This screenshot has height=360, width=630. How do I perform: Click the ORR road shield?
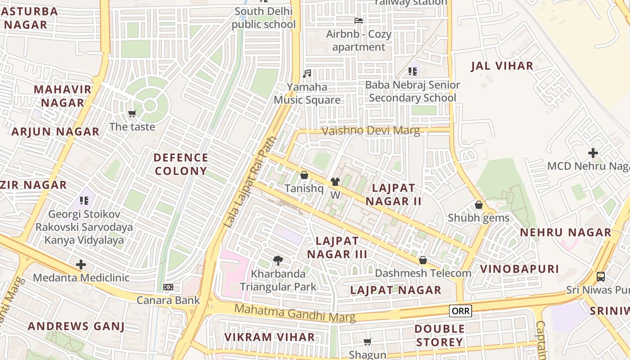pyautogui.click(x=460, y=311)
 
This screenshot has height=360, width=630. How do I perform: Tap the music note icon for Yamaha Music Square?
pyautogui.click(x=307, y=73)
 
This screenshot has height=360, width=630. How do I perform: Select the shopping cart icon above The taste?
pyautogui.click(x=132, y=113)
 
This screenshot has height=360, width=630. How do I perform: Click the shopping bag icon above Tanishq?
pyautogui.click(x=304, y=175)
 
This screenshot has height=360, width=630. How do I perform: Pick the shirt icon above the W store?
pyautogui.click(x=335, y=182)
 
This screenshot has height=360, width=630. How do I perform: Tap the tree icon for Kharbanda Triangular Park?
pyautogui.click(x=278, y=260)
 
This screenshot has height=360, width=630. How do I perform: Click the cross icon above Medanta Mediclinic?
pyautogui.click(x=81, y=264)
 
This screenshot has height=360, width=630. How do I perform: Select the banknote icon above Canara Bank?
pyautogui.click(x=168, y=287)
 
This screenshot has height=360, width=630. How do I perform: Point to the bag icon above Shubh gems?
pyautogui.click(x=479, y=205)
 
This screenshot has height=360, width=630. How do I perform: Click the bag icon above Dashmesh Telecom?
pyautogui.click(x=423, y=260)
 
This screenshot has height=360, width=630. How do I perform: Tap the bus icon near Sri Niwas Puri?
pyautogui.click(x=600, y=276)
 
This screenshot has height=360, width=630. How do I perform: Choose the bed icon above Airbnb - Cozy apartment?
pyautogui.click(x=359, y=21)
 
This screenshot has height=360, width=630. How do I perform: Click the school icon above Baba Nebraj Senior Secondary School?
pyautogui.click(x=413, y=71)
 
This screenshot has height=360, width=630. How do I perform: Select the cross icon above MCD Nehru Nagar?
pyautogui.click(x=593, y=153)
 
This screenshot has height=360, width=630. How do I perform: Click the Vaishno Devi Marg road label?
pyautogui.click(x=371, y=131)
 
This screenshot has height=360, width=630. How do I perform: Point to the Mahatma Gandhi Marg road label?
pyautogui.click(x=295, y=312)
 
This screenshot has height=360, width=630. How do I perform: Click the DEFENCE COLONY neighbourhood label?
pyautogui.click(x=181, y=164)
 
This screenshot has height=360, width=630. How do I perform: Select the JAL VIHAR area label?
pyautogui.click(x=502, y=66)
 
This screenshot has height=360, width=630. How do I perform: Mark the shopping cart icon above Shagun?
pyautogui.click(x=368, y=342)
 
